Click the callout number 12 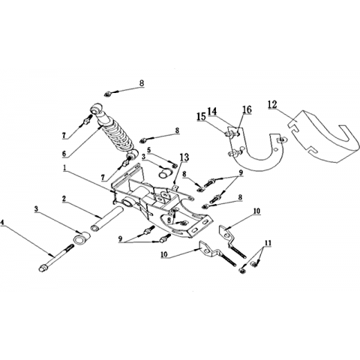[272, 104]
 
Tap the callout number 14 [212, 111]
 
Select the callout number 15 [201, 116]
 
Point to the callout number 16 [247, 109]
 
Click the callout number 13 [184, 157]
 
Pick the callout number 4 [2, 222]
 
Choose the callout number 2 [64, 199]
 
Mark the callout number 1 [64, 168]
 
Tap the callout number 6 [64, 154]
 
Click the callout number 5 [149, 150]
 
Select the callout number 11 [268, 243]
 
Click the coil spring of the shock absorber [118, 136]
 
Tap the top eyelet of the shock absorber [96, 109]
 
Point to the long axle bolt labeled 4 [56, 258]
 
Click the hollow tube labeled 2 [107, 217]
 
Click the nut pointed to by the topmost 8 [107, 94]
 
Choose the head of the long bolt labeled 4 [43, 268]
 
